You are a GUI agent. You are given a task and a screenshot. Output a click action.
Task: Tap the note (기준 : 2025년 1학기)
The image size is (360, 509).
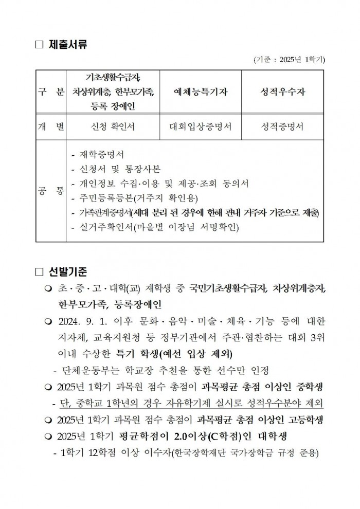[289, 60]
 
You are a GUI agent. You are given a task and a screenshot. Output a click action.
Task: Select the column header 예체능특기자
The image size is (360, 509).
[200, 93]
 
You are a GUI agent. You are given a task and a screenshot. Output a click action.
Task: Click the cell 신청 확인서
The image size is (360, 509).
[113, 126]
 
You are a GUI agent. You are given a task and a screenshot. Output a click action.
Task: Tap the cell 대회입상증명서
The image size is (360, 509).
[200, 126]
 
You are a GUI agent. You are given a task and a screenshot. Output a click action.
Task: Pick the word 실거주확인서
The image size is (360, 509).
[105, 227]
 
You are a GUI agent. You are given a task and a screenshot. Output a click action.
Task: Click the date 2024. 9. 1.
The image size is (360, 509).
[81, 321]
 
